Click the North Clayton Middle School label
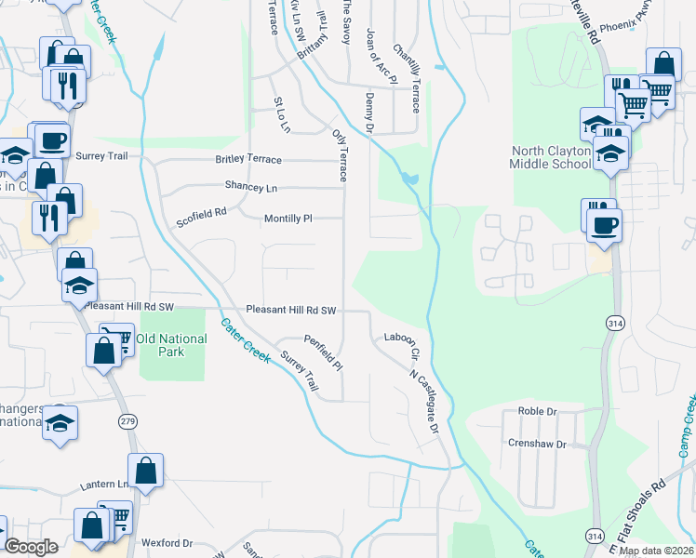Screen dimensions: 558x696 550,157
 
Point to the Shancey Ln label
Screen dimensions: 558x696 251,188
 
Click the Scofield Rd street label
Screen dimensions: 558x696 202,218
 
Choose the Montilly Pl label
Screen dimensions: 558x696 288,219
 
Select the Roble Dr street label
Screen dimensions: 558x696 537,411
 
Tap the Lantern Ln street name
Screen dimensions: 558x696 105,485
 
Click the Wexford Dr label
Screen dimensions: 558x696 167,543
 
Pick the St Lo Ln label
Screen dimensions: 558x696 282,113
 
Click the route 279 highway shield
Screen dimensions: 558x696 127,422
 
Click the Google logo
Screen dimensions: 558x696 31,547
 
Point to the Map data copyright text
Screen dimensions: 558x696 655,551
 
